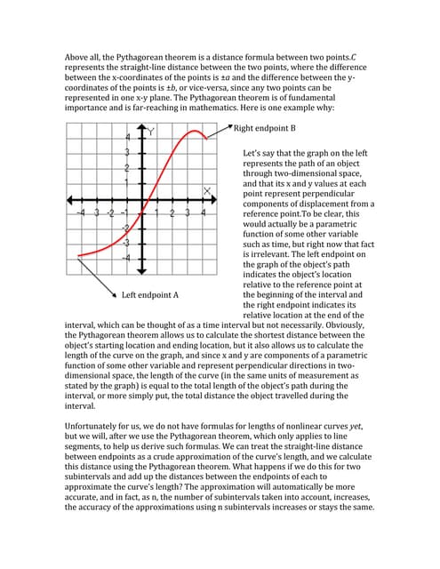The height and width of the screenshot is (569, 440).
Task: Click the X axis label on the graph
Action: (208, 190)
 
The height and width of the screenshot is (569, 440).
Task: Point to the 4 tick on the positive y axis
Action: (128, 138)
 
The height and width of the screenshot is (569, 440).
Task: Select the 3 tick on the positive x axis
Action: (188, 214)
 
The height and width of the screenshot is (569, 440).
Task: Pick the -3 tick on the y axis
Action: (126, 243)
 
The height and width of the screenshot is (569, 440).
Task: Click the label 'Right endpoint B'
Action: (268, 128)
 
